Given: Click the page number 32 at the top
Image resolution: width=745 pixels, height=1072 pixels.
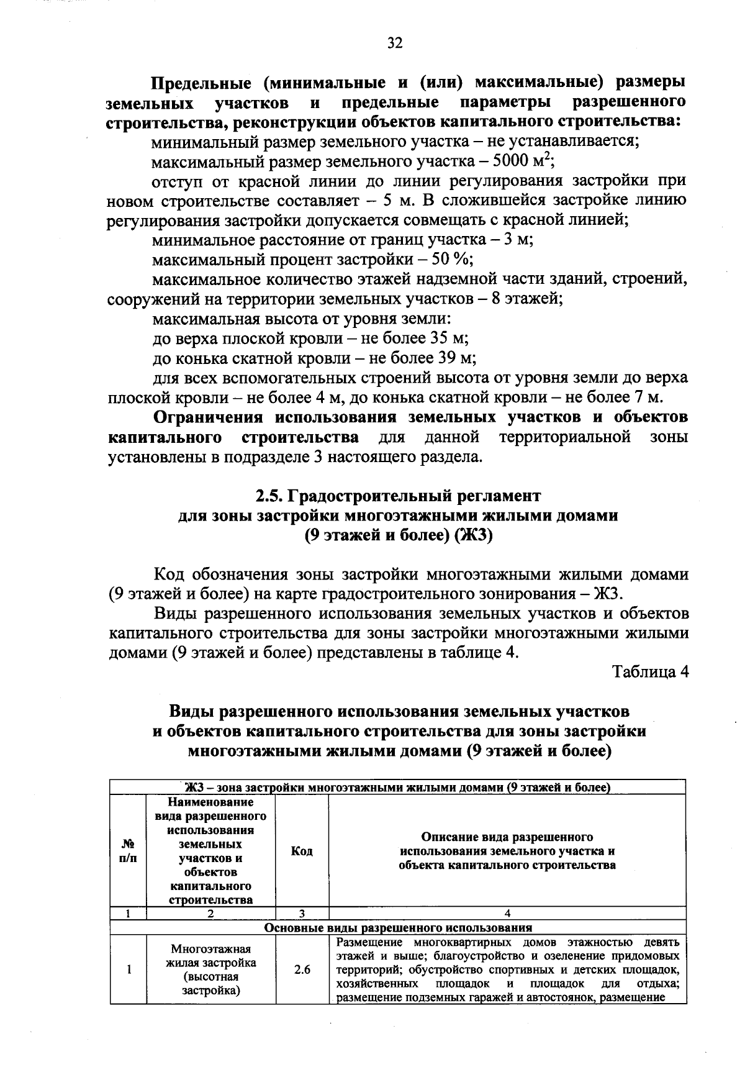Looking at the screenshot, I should click(395, 43).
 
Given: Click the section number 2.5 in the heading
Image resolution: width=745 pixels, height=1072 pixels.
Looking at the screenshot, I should click(268, 496).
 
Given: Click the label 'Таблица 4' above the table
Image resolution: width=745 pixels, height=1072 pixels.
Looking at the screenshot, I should click(651, 672).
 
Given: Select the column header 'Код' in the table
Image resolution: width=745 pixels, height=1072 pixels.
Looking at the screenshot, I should click(302, 851).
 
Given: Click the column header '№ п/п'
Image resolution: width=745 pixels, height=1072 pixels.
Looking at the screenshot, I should click(128, 851).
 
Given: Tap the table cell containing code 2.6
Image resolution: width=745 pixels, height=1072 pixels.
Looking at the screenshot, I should click(302, 970).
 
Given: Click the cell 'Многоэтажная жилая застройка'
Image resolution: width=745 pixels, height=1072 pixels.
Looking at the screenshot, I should click(211, 970).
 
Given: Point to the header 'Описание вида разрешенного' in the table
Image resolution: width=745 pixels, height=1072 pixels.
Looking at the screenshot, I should click(507, 837).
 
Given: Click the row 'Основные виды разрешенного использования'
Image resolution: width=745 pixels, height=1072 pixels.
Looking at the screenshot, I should click(398, 928).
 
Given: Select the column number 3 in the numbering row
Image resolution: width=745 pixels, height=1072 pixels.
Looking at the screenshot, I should click(302, 914).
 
